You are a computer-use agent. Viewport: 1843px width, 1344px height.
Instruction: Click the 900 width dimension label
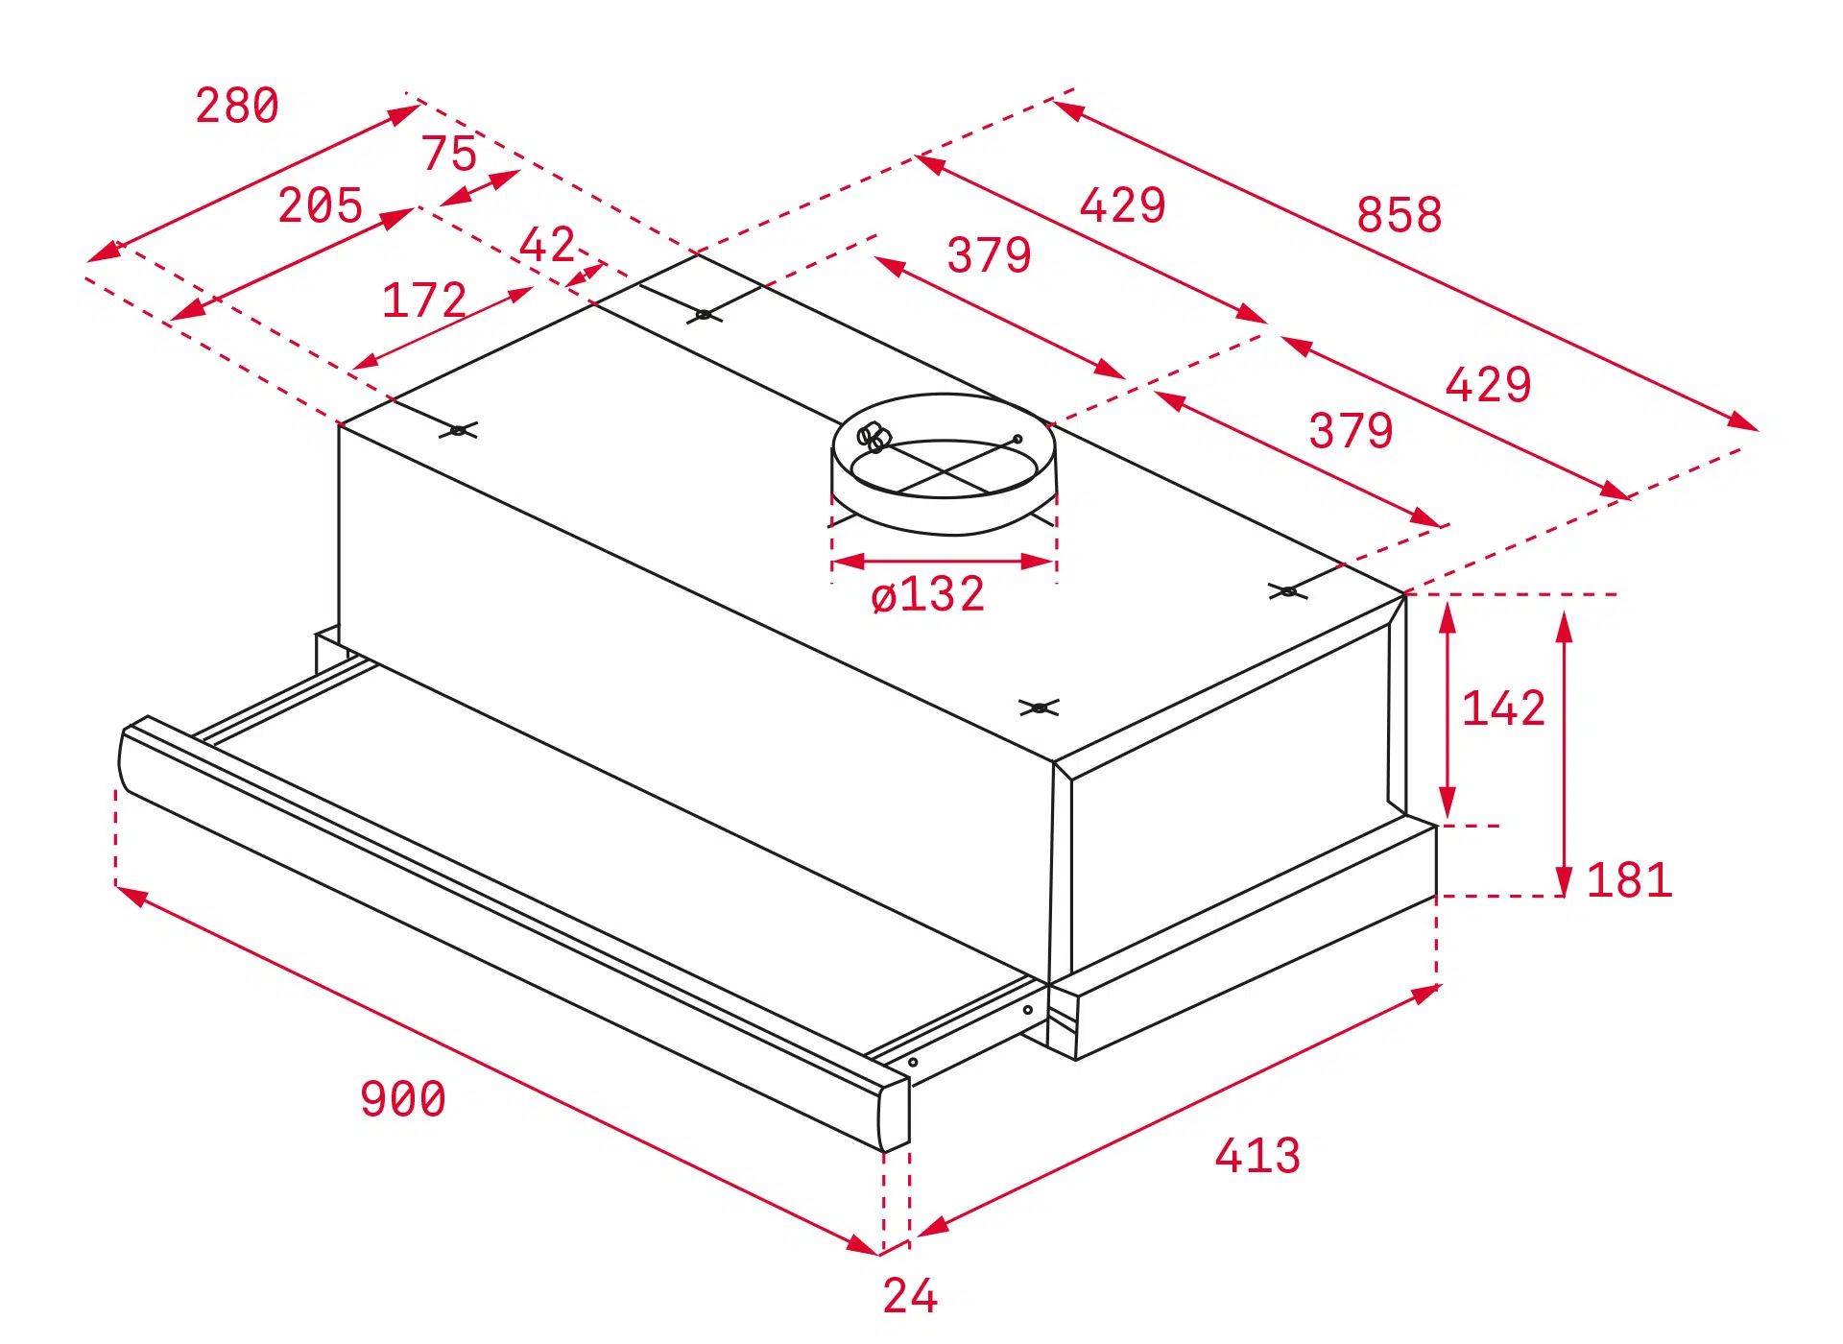coord(403,1099)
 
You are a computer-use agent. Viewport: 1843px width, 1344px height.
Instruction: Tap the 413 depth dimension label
coord(1257,1156)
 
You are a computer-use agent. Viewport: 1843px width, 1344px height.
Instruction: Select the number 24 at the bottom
coord(910,1296)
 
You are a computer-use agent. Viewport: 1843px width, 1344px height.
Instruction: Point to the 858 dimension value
coord(1400,215)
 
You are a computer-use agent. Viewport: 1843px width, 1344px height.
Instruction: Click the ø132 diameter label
coord(927,594)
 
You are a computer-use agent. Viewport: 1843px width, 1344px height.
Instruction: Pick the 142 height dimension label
coord(1503,709)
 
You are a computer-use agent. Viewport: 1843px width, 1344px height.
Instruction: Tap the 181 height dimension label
coord(1629,880)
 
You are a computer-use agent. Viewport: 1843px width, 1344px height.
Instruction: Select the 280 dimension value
coord(237,106)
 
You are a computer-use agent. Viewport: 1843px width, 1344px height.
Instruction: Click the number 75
coord(449,154)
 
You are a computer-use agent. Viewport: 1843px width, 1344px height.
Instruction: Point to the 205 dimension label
coord(321,205)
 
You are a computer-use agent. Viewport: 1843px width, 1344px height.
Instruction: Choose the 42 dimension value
coord(547,245)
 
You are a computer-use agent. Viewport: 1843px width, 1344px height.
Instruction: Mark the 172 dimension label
coord(424,300)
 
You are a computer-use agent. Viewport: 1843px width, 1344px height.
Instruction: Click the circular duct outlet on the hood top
coord(944,464)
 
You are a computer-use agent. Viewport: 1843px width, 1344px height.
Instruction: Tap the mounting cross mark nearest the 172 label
coord(458,430)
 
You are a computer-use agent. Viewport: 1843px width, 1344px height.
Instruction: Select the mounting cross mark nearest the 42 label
coord(704,314)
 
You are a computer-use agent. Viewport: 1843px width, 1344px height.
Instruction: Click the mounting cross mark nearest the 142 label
coord(1287,591)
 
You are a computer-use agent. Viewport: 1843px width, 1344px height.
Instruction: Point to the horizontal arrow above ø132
coord(945,562)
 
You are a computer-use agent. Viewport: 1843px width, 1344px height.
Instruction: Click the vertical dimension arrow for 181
coord(1564,755)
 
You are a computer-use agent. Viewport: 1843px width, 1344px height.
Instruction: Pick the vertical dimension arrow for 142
coord(1448,710)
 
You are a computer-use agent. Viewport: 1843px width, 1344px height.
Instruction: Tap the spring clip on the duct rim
coord(874,438)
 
